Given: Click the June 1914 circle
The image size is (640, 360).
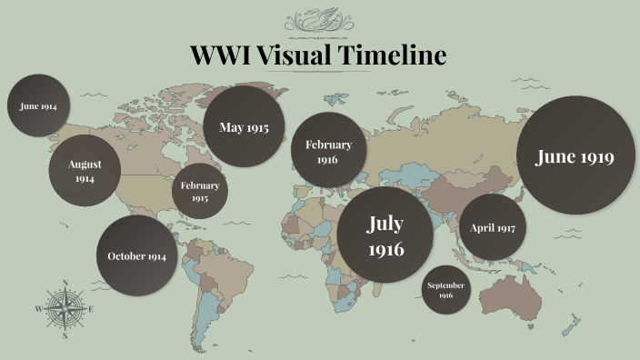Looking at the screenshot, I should [x=38, y=105].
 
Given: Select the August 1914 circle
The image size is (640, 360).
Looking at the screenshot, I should [x=84, y=171].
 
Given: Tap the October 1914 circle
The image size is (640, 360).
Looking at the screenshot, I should [x=136, y=255].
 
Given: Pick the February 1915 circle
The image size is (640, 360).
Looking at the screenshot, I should [x=199, y=191].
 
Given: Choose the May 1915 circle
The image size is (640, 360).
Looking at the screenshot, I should [x=244, y=126].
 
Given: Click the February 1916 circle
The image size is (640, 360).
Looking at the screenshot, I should [x=328, y=151].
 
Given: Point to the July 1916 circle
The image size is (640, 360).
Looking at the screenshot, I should [x=385, y=235].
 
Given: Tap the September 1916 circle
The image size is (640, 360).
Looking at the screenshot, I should [x=445, y=290].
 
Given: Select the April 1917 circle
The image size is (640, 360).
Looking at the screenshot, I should [x=492, y=227].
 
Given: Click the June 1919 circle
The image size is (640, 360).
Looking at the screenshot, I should [x=575, y=156].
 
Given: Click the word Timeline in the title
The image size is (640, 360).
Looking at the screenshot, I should [x=392, y=55].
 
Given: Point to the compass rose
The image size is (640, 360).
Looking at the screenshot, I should [x=65, y=309].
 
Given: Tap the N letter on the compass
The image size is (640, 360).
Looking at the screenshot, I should [x=65, y=282].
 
